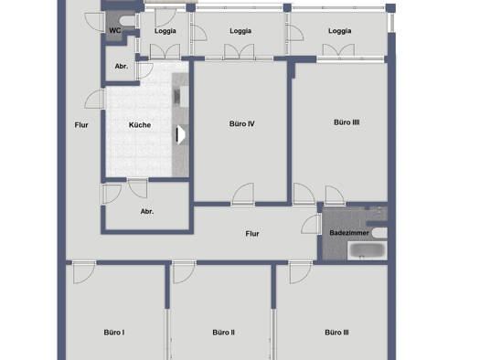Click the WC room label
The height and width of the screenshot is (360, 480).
pyautogui.click(x=115, y=30)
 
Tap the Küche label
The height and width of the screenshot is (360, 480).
pyautogui.click(x=140, y=125)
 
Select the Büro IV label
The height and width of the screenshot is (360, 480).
pyautogui.click(x=242, y=124)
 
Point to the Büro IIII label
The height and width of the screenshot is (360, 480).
pyautogui.click(x=347, y=122)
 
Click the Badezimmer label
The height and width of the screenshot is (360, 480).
pyautogui.click(x=349, y=233)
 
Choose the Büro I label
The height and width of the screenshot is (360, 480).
pyautogui.click(x=114, y=333)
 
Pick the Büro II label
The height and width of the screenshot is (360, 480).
pyautogui.click(x=223, y=333)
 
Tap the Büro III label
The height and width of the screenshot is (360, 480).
pyautogui.click(x=336, y=333)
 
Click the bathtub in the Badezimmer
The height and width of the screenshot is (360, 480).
pyautogui.click(x=368, y=250)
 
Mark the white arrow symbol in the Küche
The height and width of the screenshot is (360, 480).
pyautogui.click(x=181, y=134)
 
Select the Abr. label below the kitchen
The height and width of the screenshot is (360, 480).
pyautogui.click(x=147, y=211)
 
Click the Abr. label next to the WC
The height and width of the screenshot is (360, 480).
pyautogui.click(x=122, y=66)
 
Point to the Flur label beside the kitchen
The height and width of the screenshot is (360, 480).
pyautogui.click(x=81, y=125)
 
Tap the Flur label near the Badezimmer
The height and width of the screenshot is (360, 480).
pyautogui.click(x=252, y=234)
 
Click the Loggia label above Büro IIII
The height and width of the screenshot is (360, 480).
pyautogui.click(x=339, y=31)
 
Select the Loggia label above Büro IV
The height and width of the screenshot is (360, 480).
pyautogui.click(x=240, y=31)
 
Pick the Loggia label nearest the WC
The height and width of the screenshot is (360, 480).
pyautogui.click(x=165, y=31)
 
